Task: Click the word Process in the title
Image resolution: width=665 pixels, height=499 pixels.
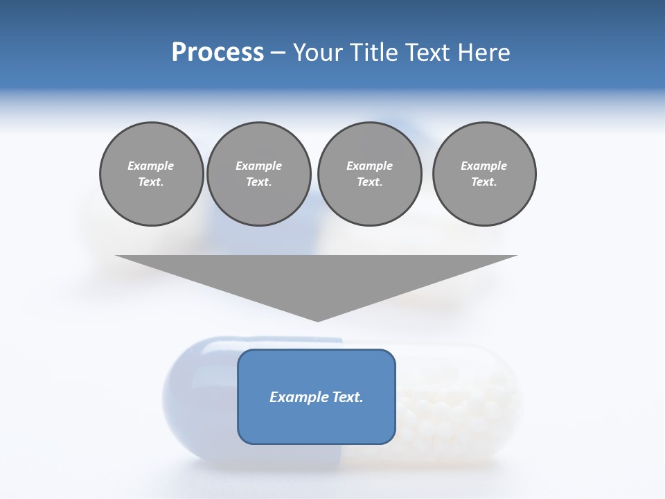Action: coord(218,53)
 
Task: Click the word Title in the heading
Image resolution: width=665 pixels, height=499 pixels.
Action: coord(374,53)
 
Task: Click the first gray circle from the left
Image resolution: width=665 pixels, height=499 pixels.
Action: coord(152,174)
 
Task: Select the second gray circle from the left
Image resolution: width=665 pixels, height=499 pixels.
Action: coord(259,174)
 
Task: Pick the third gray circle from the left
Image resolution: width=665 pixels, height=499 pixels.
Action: coord(369,174)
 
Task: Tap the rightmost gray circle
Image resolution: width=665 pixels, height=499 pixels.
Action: coord(484,174)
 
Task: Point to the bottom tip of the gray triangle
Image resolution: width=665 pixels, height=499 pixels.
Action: coord(317,320)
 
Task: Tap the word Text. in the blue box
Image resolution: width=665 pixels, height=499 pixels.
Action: coord(348,397)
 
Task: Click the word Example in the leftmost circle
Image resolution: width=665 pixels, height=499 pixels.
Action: coord(151,166)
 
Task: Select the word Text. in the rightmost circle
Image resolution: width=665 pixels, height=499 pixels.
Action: coord(484,182)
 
